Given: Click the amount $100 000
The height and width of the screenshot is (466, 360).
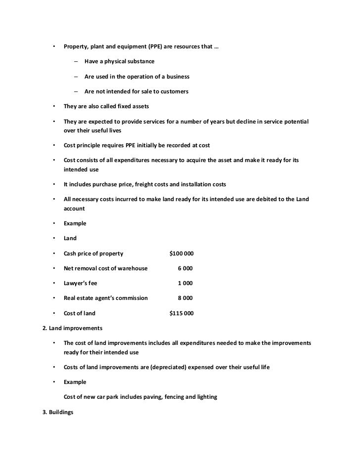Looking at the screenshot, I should point(181,254).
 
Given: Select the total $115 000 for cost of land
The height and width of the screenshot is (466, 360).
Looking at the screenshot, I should point(181,313).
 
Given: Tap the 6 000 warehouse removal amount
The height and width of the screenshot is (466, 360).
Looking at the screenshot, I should point(185,268).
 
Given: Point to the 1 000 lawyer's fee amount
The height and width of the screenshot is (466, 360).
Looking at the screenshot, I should point(185,283).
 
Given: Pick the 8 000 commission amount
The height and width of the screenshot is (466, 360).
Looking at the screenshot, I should point(185,298).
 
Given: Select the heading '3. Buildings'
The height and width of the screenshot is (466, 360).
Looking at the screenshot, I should point(58,412).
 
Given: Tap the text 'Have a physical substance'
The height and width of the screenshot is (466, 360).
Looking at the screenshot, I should point(119,61).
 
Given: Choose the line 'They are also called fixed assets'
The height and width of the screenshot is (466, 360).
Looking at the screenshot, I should point(106,106).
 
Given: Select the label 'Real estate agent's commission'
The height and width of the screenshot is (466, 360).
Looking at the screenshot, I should point(106,298).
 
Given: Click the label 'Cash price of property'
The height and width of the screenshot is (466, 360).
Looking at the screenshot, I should point(93,254).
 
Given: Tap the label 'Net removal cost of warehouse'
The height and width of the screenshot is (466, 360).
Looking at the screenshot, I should point(105,268).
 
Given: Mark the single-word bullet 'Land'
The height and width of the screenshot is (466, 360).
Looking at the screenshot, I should point(70,238).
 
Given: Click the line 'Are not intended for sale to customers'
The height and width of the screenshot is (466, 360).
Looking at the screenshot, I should point(136,91).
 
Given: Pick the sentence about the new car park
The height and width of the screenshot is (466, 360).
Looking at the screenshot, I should point(140,397).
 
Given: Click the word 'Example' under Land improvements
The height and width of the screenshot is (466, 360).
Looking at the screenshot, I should point(75,382).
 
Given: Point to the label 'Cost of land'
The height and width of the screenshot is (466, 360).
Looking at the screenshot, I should point(80,313).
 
